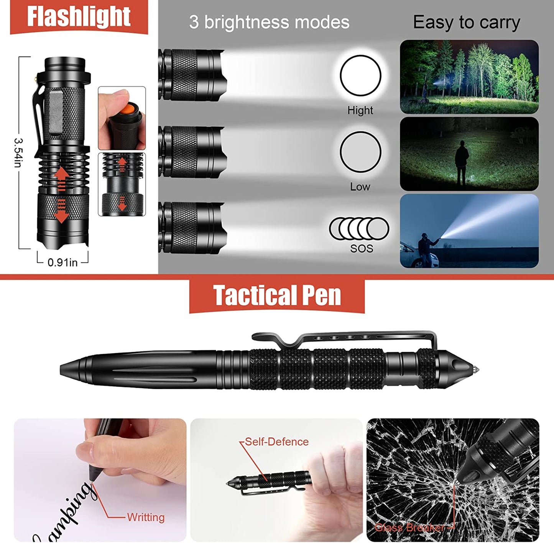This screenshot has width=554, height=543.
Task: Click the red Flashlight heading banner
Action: click(79, 17)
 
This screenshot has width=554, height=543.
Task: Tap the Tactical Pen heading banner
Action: click(277, 296)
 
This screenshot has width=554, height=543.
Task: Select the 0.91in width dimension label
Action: click(62, 262)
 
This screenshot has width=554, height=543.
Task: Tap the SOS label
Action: click(362, 248)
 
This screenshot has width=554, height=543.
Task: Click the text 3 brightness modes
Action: click(269, 22)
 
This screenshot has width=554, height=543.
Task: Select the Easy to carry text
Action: click(466, 22)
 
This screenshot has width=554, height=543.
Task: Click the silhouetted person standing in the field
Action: click(462, 162)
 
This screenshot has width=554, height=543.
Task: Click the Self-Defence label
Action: click(276, 442)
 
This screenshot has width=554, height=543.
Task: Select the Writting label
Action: click(146, 517)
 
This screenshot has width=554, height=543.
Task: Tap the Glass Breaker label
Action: click(410, 528)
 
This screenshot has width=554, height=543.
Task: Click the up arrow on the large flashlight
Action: click(61, 179)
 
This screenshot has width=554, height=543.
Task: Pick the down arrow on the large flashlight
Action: click(61, 211)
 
